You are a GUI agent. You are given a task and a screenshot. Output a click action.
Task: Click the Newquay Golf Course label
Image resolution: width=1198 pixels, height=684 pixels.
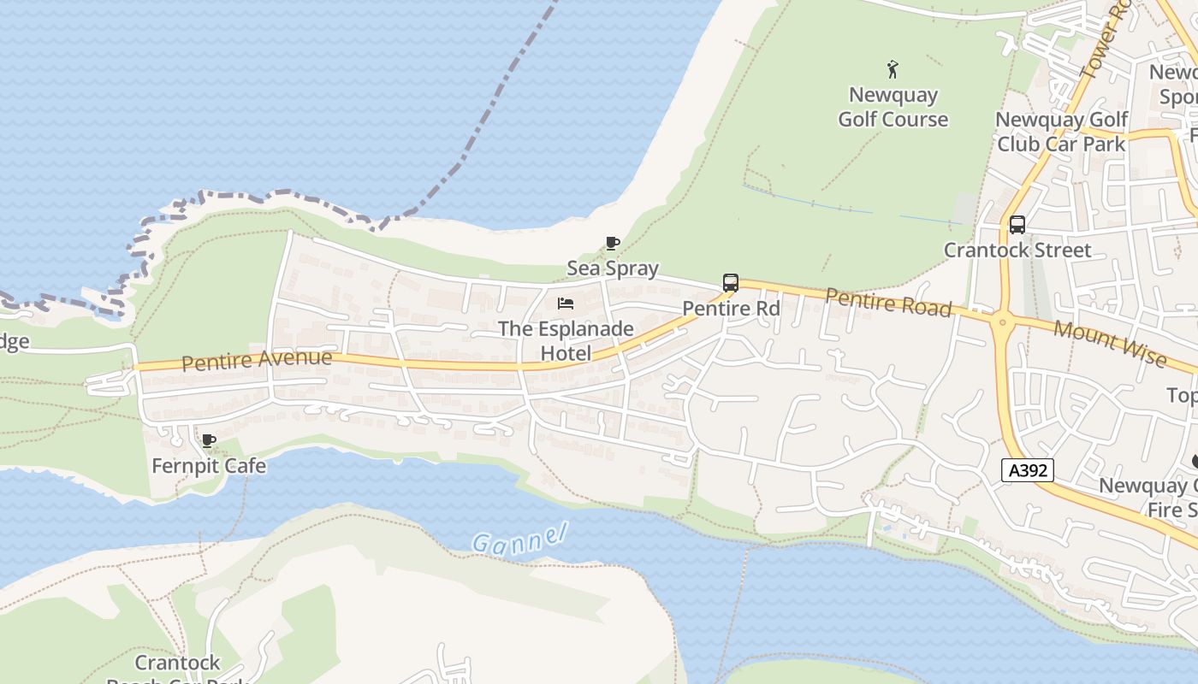point(893,107)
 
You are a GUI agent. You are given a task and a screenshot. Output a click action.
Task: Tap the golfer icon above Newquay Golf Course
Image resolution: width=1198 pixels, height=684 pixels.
point(893,68)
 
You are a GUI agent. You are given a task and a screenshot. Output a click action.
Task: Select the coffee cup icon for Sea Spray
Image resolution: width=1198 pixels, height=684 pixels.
point(613,244)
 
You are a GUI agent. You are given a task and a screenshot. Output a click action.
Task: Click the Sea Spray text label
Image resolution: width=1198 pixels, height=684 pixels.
point(613,268)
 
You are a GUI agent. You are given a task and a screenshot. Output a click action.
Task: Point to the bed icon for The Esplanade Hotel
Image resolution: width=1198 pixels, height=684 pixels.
point(566,304)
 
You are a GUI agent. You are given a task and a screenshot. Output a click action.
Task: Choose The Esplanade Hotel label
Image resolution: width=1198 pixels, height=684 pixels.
point(566,340)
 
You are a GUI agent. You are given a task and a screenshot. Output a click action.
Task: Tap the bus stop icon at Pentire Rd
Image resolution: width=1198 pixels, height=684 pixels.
point(731,283)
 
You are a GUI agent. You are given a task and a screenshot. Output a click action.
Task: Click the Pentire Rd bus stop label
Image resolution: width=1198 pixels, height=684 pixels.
point(731,308)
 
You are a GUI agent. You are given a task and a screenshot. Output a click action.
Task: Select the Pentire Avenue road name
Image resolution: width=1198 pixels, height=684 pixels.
point(257,359)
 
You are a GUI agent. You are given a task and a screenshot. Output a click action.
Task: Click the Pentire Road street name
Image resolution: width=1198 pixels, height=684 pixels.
point(888,302)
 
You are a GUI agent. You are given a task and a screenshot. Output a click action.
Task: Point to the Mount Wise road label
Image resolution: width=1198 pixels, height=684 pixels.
point(1110,343)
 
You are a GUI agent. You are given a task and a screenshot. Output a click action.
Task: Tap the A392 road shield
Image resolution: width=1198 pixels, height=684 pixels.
point(1028,469)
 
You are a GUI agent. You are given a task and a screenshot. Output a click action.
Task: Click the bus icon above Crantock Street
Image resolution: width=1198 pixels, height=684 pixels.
point(1017,225)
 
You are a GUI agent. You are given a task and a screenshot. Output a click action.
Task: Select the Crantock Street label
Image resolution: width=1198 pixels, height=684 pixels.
point(1017,251)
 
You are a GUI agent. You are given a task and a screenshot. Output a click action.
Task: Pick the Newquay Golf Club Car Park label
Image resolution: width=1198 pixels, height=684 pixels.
point(1061,132)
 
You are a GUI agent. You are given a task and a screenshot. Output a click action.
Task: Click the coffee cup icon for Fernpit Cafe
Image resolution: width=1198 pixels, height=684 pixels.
point(208,441)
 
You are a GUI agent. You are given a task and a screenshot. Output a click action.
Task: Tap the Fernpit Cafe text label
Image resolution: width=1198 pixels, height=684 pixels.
point(208,466)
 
